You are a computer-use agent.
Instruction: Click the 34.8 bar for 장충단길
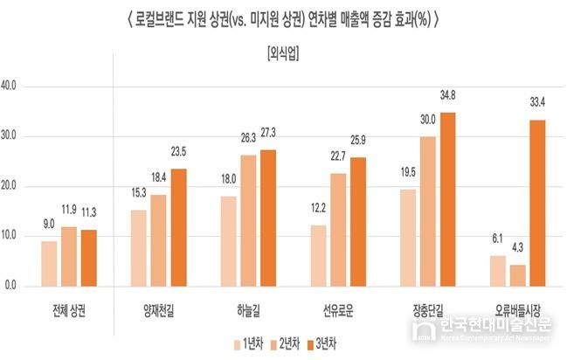(x=448, y=199)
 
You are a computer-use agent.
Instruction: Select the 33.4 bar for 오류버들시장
(x=537, y=203)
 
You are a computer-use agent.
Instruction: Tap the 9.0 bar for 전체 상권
(x=49, y=263)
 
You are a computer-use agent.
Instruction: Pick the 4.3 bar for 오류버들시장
(x=518, y=275)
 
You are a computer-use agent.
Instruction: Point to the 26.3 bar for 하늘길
(x=249, y=220)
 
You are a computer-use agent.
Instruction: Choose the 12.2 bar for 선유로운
(x=318, y=255)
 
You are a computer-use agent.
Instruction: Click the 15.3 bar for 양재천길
(x=139, y=247)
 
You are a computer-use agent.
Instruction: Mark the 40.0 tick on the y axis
(x=16, y=87)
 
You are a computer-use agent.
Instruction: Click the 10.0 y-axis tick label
(x=16, y=236)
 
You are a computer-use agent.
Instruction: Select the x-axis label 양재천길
(x=159, y=311)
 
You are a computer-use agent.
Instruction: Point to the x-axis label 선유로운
(x=337, y=311)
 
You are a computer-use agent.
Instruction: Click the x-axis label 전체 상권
(x=69, y=311)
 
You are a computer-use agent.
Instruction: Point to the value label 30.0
(x=428, y=119)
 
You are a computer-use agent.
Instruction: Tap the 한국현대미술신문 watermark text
(x=494, y=325)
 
